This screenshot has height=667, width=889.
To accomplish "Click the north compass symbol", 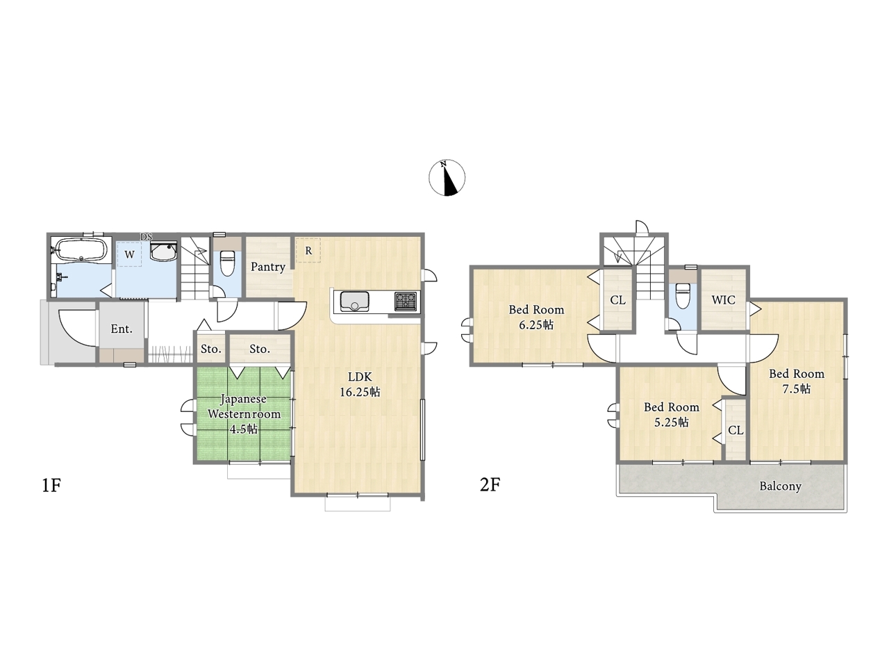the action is (447, 177).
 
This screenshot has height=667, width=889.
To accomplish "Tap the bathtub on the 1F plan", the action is (81, 249).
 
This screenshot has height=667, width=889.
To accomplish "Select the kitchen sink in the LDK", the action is (354, 302).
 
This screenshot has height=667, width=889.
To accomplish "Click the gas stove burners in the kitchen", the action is (406, 302).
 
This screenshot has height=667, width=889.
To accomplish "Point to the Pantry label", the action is (267, 267).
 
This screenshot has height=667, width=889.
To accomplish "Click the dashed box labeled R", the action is (308, 250).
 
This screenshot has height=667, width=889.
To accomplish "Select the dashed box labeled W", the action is (129, 254).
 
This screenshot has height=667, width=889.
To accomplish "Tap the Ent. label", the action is (122, 329).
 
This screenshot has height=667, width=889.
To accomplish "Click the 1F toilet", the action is (227, 263).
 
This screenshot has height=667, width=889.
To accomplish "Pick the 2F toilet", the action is (683, 296).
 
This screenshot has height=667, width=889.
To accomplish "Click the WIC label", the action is (723, 300).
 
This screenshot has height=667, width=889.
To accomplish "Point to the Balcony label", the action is (780, 486).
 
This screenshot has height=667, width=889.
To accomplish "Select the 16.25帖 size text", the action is (360, 392).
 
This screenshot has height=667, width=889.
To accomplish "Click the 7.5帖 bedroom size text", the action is (796, 389).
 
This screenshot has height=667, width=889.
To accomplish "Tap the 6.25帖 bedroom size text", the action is (536, 324).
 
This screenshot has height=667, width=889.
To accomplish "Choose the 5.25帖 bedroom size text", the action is (672, 422).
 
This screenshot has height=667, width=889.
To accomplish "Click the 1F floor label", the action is (51, 485).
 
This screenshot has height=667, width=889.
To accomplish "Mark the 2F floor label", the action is (490, 485).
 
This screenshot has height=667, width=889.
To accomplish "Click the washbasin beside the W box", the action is (163, 252).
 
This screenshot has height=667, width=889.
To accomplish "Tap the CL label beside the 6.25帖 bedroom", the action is (617, 300).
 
